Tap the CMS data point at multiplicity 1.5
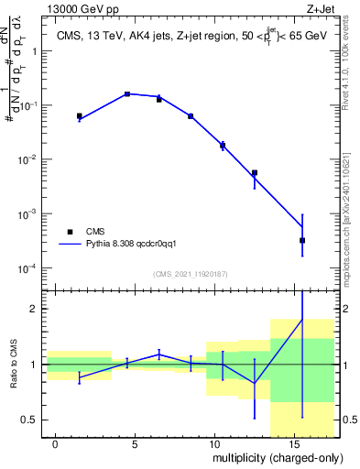point(80,116)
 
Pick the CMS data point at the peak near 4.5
point(127,94)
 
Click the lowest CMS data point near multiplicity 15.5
point(302,240)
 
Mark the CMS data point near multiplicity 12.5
point(255,172)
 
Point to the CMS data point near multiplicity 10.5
point(223,145)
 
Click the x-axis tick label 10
point(213,442)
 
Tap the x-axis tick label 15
point(293,442)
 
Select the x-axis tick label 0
point(56,442)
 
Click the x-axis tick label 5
point(136,442)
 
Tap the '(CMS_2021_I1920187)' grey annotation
point(191,273)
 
